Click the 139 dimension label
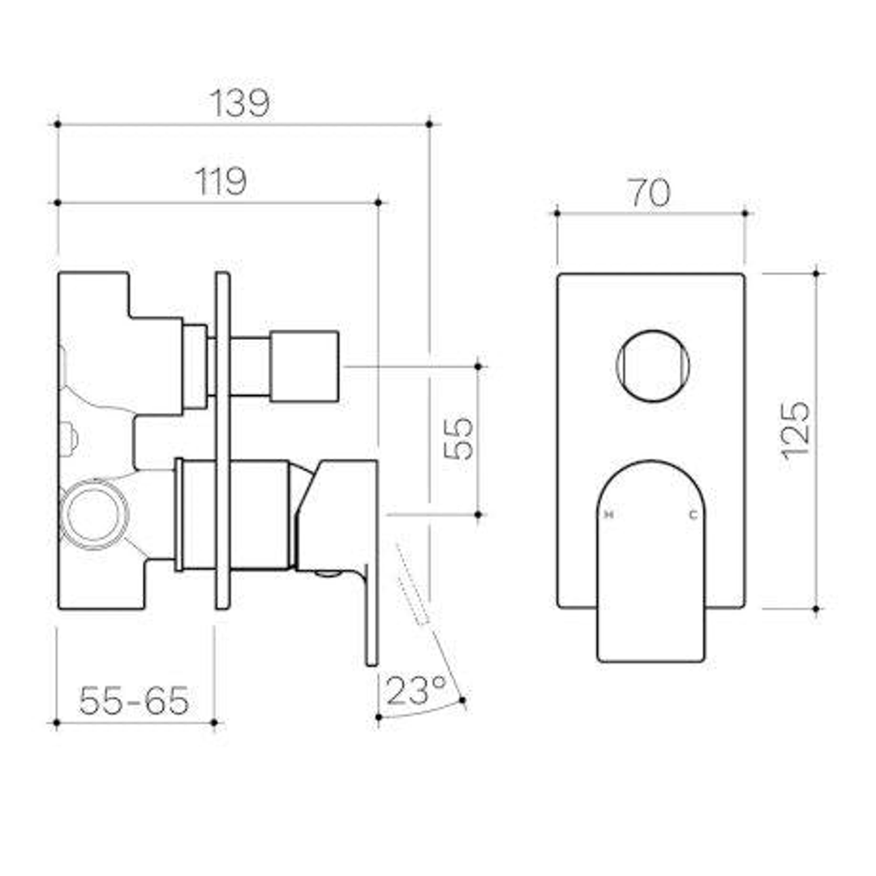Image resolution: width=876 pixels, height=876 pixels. (x=240, y=103)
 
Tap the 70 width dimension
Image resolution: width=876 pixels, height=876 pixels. (x=649, y=193)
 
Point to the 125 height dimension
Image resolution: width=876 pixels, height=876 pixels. (x=796, y=428)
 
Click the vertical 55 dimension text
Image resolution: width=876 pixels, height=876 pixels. (x=460, y=438)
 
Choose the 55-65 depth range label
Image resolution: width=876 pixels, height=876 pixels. (x=134, y=699)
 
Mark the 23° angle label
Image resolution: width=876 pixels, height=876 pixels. (x=416, y=691)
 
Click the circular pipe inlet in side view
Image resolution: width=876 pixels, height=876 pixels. (x=92, y=515)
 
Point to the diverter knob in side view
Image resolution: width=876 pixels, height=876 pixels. (x=303, y=366)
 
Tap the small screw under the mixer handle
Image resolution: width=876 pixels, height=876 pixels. (x=327, y=574)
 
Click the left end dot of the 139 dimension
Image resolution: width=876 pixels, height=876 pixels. (x=58, y=124)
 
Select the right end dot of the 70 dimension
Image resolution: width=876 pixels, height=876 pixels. (x=745, y=213)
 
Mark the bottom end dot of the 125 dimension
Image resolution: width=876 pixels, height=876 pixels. (x=816, y=608)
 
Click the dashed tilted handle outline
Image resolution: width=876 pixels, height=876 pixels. (x=413, y=584)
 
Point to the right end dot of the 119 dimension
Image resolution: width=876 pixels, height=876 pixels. (x=379, y=202)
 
